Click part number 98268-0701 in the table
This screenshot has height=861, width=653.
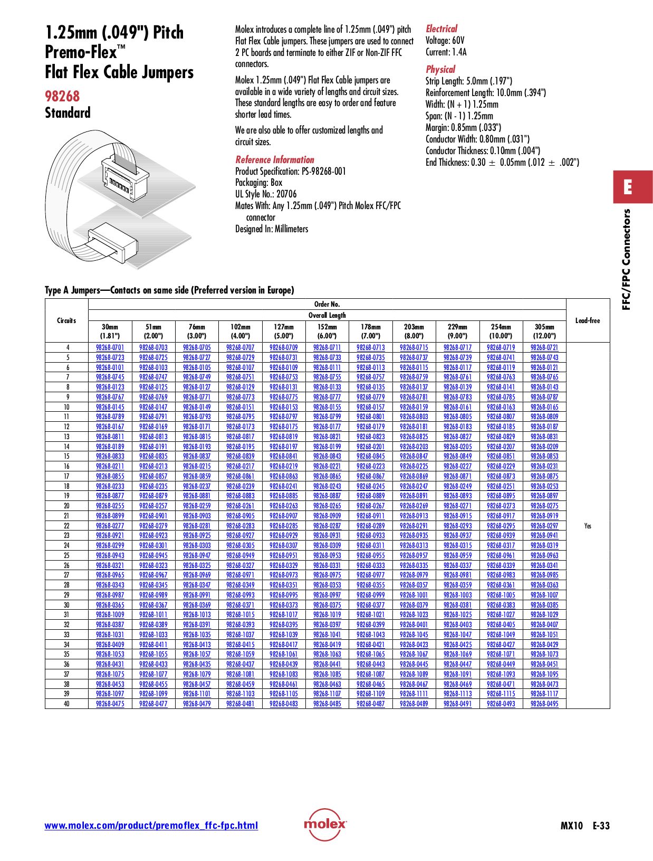pyautogui.click(x=110, y=347)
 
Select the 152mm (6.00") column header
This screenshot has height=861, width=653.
pyautogui.click(x=327, y=332)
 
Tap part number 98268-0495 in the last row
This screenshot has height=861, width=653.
pyautogui.click(x=544, y=704)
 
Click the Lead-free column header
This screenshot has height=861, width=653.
pyautogui.click(x=588, y=320)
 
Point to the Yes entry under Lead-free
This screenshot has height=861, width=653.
pyautogui.click(x=588, y=526)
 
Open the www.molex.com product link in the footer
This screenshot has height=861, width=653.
pyautogui.click(x=151, y=826)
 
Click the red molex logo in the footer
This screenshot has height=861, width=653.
pyautogui.click(x=325, y=824)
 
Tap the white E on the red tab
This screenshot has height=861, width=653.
pyautogui.click(x=627, y=187)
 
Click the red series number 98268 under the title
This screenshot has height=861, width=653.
pyautogui.click(x=62, y=96)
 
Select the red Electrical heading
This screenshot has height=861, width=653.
pyautogui.click(x=441, y=29)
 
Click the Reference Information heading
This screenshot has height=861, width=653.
pyautogui.click(x=274, y=159)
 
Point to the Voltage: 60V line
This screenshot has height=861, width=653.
pyautogui.click(x=445, y=41)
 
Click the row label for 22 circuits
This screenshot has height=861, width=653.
pyautogui.click(x=66, y=526)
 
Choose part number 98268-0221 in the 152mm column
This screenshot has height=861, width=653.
pyautogui.click(x=327, y=466)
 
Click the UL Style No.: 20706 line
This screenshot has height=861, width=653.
pyautogui.click(x=266, y=194)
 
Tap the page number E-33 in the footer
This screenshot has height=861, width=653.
pyautogui.click(x=601, y=826)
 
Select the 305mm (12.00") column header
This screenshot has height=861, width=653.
pyautogui.click(x=544, y=332)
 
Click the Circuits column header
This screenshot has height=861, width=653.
pyautogui.click(x=66, y=320)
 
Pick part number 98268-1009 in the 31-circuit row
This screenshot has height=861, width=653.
pyautogui.click(x=110, y=614)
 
